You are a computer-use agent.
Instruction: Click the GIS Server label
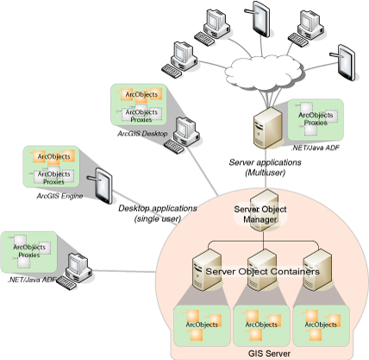(x=269, y=353)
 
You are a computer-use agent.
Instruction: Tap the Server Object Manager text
(x=260, y=214)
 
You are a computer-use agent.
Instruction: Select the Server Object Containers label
(x=262, y=271)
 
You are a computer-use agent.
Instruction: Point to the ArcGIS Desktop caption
(x=142, y=134)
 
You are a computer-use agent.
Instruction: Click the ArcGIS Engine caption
(x=59, y=196)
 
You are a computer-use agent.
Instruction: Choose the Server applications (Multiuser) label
(x=265, y=167)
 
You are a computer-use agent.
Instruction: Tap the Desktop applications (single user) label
(x=158, y=213)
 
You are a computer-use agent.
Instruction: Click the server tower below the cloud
(x=267, y=128)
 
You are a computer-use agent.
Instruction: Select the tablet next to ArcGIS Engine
(x=100, y=186)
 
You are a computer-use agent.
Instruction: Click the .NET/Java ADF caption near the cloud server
(x=316, y=148)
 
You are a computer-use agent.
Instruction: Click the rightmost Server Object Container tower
(x=318, y=270)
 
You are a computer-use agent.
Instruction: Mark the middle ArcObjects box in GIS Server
(x=261, y=325)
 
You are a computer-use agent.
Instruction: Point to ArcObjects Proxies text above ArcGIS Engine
(x=53, y=178)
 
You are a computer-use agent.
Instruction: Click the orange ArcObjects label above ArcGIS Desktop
(x=141, y=94)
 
